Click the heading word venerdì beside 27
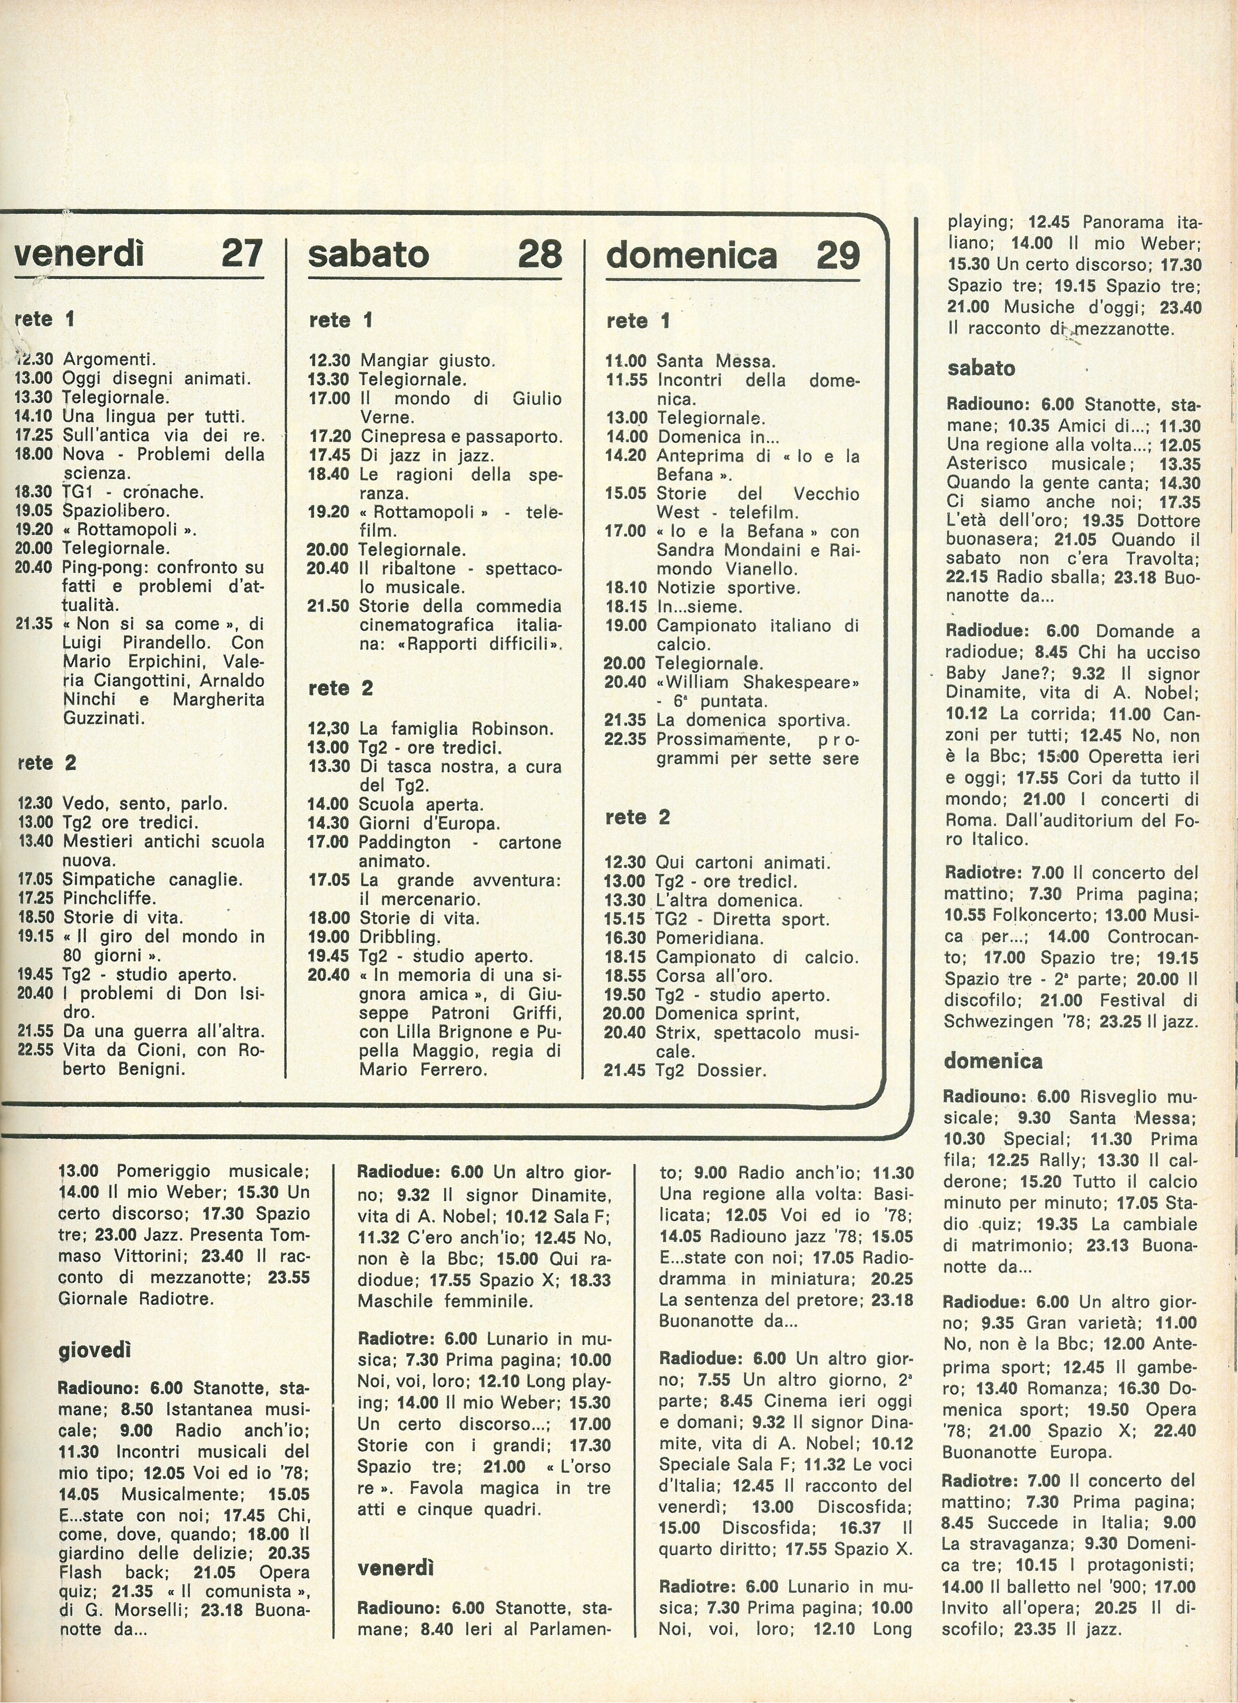point(79,254)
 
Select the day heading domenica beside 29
point(691,255)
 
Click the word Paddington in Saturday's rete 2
point(405,842)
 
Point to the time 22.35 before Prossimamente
point(625,739)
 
